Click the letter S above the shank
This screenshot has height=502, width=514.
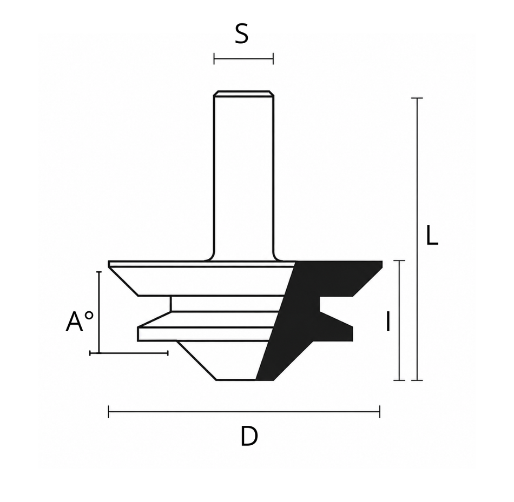click(242, 34)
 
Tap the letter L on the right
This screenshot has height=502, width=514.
click(432, 235)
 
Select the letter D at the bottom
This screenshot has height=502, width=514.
click(249, 436)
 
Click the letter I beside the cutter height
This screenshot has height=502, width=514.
click(388, 322)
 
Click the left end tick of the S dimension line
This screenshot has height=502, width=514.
click(214, 59)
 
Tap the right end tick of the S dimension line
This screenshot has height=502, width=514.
click(273, 59)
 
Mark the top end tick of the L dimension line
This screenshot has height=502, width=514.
click(417, 98)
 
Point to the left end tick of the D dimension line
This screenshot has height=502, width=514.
click(109, 412)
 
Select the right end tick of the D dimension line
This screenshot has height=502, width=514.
click(380, 412)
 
